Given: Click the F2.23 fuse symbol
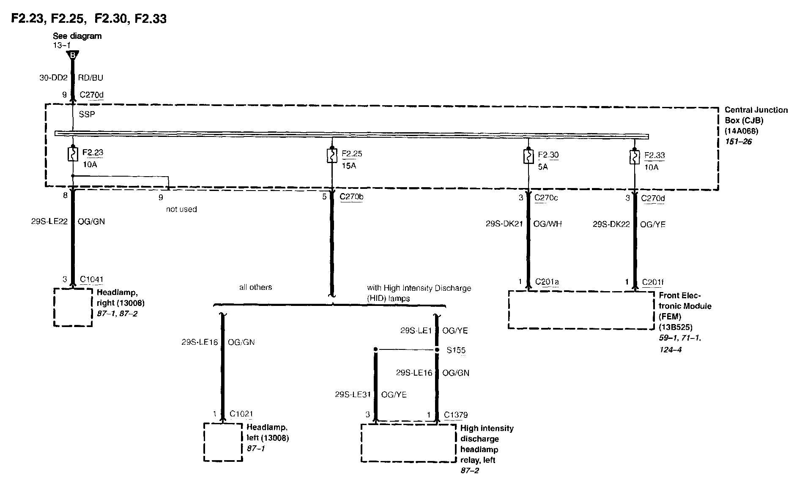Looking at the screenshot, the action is coord(73,154).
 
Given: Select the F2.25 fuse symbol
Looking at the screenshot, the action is coord(332,156).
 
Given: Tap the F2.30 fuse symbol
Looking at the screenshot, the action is coord(528,157).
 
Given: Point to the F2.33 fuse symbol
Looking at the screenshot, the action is coord(634,158).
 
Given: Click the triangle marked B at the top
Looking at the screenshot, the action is coord(73,55).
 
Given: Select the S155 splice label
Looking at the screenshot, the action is coord(456,350).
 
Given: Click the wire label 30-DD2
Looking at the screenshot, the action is coord(54,78).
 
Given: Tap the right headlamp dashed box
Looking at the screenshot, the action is coord(73,307).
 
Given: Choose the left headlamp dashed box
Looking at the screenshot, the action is coord(223,442).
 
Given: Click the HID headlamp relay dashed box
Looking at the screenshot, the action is coord(408,443).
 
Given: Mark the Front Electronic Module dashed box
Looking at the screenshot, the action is coord(581,310).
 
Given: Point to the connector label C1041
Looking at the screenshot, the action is coord(92,279).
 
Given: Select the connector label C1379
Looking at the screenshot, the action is coord(456,415).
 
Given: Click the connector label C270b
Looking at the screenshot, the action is coord(351,197).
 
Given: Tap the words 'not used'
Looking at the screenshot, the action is coord(181,209).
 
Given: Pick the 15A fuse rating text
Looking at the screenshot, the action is coord(349,166).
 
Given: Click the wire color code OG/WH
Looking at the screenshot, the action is coord(548,224).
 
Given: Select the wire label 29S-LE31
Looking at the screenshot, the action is coord(353,395).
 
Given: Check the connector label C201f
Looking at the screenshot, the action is coord(653,282).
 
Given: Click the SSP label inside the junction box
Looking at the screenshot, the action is coord(87,115).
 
